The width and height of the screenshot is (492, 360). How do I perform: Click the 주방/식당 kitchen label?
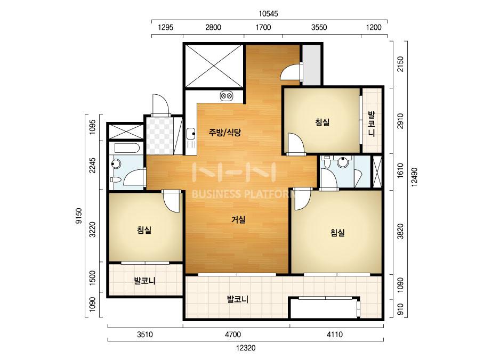[224, 132]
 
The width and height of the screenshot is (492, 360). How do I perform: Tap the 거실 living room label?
[238, 219]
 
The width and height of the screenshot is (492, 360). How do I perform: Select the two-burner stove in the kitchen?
[227, 95]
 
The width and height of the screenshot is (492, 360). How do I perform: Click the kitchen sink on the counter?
[190, 134]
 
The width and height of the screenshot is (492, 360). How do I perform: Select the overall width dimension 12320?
[246, 348]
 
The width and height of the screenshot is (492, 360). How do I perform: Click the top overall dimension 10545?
[268, 14]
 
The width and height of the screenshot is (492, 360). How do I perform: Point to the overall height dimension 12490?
[415, 177]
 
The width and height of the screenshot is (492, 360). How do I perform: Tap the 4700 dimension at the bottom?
[233, 334]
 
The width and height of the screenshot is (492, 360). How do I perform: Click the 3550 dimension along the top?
[319, 27]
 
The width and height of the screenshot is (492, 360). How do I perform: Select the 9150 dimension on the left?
[79, 216]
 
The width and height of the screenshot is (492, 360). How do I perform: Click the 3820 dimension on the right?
[400, 232]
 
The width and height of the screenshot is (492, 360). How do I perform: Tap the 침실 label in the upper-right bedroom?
[322, 122]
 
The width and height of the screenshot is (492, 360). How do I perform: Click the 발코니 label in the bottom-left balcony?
[144, 280]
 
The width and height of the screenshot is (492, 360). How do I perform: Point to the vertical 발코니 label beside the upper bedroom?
[372, 123]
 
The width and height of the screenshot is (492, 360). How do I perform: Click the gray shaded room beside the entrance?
[311, 64]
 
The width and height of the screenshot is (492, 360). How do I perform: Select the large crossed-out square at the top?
[214, 66]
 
